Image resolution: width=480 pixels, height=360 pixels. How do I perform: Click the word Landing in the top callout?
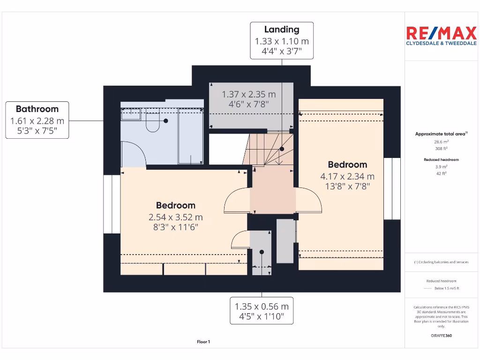281,30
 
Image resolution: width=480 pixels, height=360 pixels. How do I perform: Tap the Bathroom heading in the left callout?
37,109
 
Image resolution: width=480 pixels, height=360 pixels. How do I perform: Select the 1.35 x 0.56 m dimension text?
262,307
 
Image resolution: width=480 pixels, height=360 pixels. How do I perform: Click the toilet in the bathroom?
152,123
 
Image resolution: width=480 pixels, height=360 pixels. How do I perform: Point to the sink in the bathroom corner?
131,114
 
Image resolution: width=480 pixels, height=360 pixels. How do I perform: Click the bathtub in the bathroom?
190,136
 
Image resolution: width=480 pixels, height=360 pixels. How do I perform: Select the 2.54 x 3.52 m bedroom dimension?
175,217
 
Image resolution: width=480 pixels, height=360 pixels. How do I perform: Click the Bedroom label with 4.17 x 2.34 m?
347,165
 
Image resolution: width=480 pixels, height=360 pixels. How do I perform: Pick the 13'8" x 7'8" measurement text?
347,187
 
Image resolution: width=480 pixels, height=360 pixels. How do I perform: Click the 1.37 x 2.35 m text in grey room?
248,94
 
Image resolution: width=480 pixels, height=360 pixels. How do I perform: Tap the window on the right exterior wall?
392,188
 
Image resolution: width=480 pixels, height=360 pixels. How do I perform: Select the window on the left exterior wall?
112,204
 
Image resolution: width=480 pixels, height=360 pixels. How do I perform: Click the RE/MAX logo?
441,36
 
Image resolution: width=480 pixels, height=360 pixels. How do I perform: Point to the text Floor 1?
203,342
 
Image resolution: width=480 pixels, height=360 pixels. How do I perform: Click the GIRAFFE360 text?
441,336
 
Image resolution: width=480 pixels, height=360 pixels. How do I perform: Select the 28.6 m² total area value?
441,141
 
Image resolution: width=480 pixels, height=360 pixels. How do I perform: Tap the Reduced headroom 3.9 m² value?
441,166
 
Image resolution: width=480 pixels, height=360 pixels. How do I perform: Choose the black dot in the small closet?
262,252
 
